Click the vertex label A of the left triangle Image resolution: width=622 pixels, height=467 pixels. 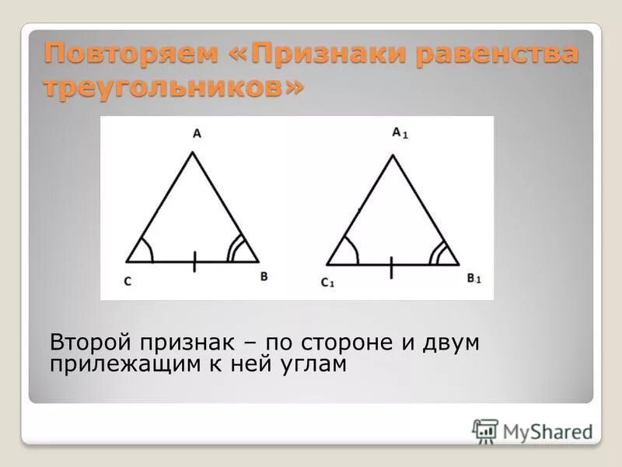[197, 134]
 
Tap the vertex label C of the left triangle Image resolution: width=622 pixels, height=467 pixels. [127, 281]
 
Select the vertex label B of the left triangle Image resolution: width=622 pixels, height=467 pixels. [264, 276]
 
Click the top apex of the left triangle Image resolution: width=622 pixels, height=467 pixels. [193, 153]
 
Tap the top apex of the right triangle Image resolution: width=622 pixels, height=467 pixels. [393, 156]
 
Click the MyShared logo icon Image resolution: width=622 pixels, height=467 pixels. [485, 430]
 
